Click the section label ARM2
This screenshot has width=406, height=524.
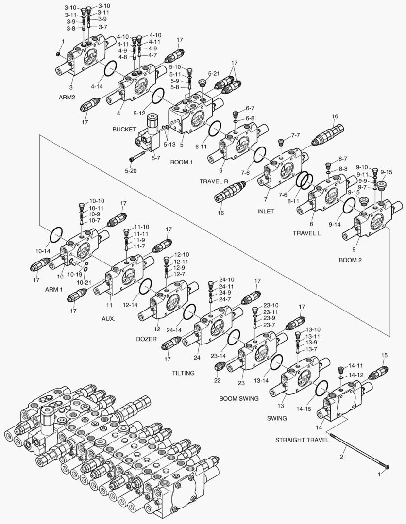tap(67, 97)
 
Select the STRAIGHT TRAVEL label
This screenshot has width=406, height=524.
tap(303, 441)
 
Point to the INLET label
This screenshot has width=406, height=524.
tap(266, 212)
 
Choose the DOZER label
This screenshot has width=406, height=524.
tap(147, 339)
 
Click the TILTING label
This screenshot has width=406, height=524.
tap(183, 373)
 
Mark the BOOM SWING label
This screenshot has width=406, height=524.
tap(238, 398)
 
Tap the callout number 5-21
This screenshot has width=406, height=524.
tap(214, 73)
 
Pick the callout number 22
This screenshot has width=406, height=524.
tap(217, 380)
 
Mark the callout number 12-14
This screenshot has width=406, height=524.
tap(131, 305)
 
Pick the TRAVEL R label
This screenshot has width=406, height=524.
tap(214, 181)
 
